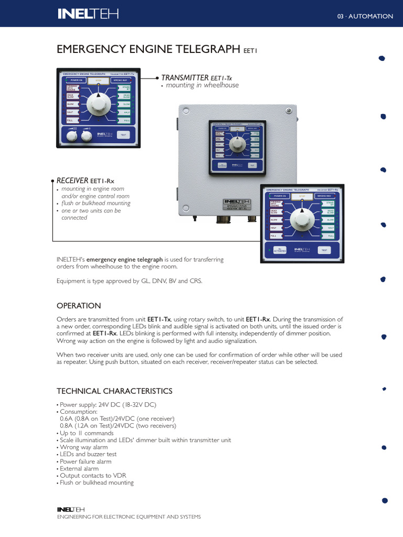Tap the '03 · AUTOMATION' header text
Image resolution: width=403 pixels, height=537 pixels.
(365, 16)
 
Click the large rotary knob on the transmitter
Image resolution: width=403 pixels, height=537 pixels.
(97, 104)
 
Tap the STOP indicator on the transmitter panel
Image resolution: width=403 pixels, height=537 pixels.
(98, 80)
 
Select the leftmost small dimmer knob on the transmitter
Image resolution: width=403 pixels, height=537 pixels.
(71, 136)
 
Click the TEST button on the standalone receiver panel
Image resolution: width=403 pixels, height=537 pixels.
(324, 250)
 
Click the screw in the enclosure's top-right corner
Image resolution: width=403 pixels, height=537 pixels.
(288, 111)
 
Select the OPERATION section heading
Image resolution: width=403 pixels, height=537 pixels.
(79, 306)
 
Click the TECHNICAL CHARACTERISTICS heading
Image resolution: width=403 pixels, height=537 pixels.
(114, 391)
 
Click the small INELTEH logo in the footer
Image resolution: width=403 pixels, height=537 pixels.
(70, 509)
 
